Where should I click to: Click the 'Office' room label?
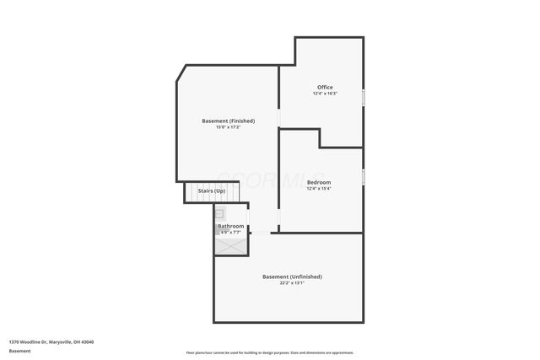point(325,87)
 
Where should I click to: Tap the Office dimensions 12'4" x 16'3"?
point(325,94)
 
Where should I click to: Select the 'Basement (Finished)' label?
point(228,121)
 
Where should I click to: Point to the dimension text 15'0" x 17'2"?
point(228,127)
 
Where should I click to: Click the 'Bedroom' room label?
point(319,182)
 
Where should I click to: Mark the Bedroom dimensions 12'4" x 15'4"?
point(319,189)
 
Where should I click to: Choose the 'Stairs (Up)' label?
point(211,191)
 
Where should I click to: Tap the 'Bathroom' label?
point(230,226)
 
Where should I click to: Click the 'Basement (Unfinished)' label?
point(292,277)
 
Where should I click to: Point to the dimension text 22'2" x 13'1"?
point(292,283)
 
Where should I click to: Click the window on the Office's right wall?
point(364,97)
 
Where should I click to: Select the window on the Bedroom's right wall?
point(364,177)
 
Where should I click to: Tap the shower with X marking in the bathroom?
point(231,245)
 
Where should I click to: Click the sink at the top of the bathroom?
point(219,214)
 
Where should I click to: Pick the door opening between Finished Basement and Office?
point(279,118)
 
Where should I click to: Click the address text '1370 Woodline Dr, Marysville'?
point(51,341)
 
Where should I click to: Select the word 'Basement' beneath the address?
point(19,351)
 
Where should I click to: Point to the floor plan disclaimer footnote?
point(270,352)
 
